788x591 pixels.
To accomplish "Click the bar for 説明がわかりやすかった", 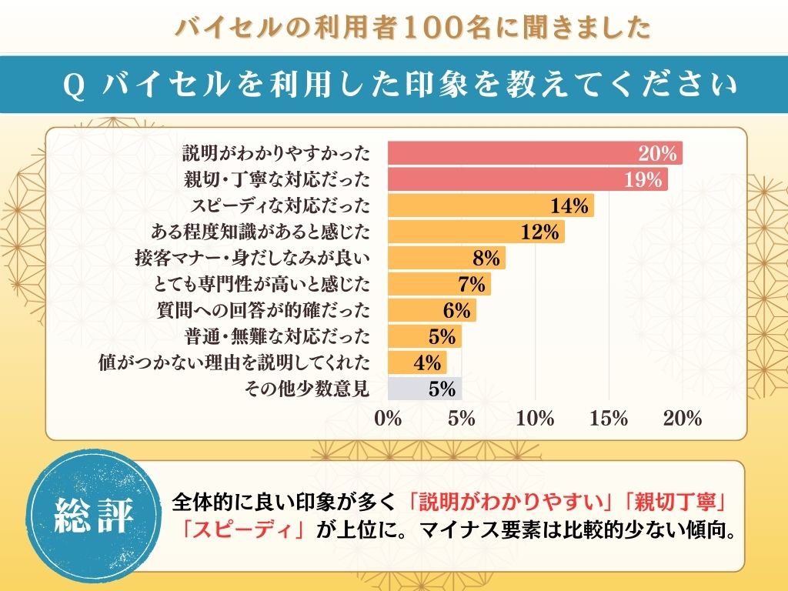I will click(x=534, y=153).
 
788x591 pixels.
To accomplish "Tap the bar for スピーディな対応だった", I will click(x=489, y=206).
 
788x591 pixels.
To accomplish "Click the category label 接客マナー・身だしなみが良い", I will click(x=252, y=259).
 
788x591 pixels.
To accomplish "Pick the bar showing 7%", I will click(x=439, y=285).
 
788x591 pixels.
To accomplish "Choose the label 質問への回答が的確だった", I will click(x=263, y=311).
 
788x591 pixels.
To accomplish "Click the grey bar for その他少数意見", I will click(x=424, y=389).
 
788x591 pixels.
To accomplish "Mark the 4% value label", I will click(x=427, y=362).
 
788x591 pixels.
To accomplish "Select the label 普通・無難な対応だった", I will click(x=277, y=337).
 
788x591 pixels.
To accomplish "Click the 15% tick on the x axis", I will click(x=609, y=419).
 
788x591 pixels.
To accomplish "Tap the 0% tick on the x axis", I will click(x=388, y=419).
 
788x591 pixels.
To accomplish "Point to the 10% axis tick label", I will click(x=536, y=419).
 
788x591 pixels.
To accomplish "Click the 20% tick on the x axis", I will click(x=683, y=419).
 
